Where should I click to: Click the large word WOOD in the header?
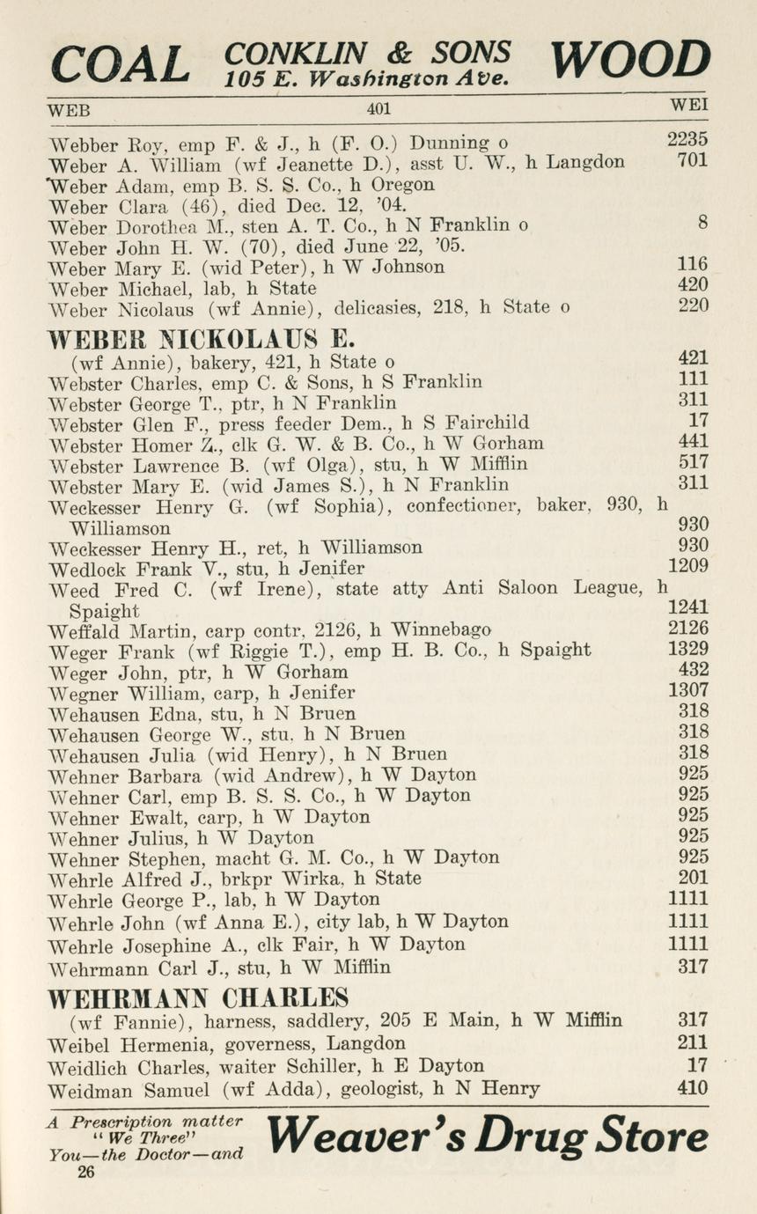click(x=629, y=59)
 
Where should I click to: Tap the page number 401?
click(x=378, y=109)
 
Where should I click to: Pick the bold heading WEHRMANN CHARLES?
click(x=198, y=998)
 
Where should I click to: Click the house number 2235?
click(x=687, y=139)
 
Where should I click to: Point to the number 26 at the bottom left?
click(x=86, y=1172)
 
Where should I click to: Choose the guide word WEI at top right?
click(x=689, y=105)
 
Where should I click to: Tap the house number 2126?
click(x=687, y=629)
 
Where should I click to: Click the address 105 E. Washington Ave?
click(x=366, y=77)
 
